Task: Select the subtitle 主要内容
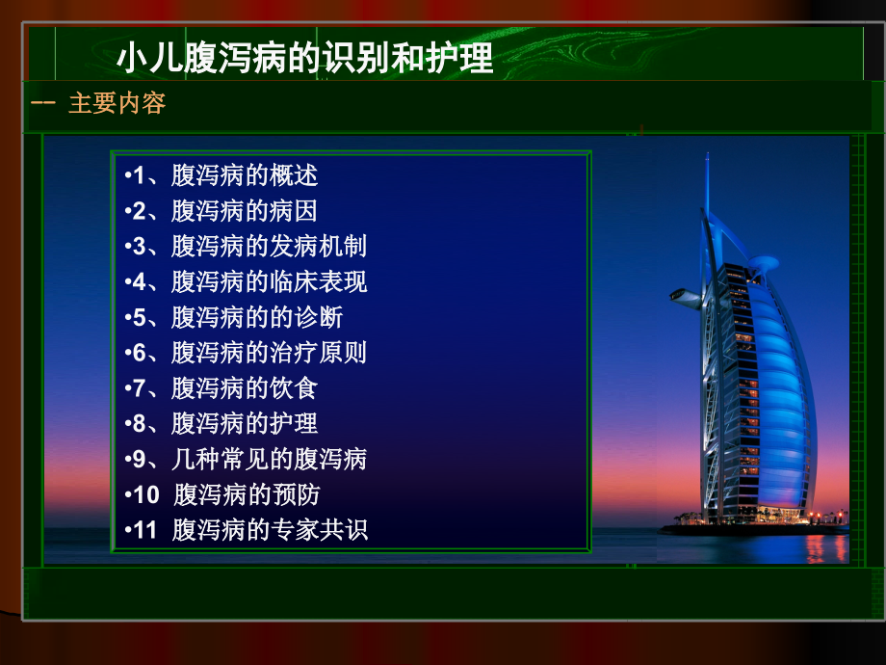[117, 104]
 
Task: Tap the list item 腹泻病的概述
[245, 175]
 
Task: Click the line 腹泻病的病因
[245, 211]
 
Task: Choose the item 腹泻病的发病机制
[269, 247]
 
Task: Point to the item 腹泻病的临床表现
[269, 282]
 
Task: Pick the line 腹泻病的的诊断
[257, 317]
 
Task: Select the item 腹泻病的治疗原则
[269, 353]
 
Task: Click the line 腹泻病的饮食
[245, 388]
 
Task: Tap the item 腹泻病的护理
[245, 423]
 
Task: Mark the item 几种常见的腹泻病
[269, 459]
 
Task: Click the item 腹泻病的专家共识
[271, 530]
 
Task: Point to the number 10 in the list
[145, 494]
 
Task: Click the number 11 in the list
[145, 530]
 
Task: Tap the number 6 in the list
[139, 353]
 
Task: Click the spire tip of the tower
[707, 156]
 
